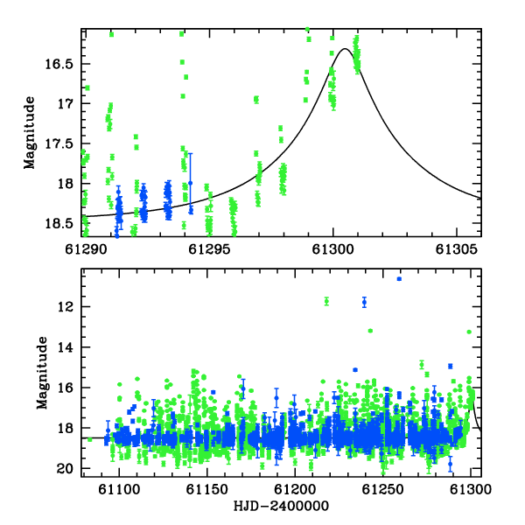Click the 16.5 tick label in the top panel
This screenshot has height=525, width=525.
(x=59, y=64)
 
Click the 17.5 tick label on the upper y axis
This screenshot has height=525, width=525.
(x=59, y=143)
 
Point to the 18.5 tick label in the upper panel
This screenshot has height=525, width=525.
(x=59, y=223)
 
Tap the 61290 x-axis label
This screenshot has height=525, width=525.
(x=86, y=249)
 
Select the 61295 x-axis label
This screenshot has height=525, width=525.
(x=209, y=249)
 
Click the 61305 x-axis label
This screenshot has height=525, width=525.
(x=457, y=249)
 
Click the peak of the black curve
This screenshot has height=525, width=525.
(x=345, y=49)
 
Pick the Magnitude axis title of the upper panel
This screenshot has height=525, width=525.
(x=30, y=133)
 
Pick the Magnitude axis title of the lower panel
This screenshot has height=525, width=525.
(x=42, y=373)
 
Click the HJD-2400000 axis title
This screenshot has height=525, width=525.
(x=281, y=506)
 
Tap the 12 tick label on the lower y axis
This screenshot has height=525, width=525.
(x=66, y=306)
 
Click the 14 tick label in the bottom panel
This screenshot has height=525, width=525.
(x=66, y=347)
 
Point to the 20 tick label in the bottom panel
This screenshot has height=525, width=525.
(x=65, y=469)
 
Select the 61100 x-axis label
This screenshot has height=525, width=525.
(x=119, y=489)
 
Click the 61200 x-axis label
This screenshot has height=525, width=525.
(x=295, y=489)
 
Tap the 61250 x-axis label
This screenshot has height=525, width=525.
(x=383, y=489)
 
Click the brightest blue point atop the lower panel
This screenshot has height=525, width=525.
(x=399, y=279)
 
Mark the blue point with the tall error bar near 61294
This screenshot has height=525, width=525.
(x=191, y=183)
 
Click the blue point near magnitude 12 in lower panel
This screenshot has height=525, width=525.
(x=364, y=303)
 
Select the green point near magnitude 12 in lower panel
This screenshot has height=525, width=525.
(x=326, y=301)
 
